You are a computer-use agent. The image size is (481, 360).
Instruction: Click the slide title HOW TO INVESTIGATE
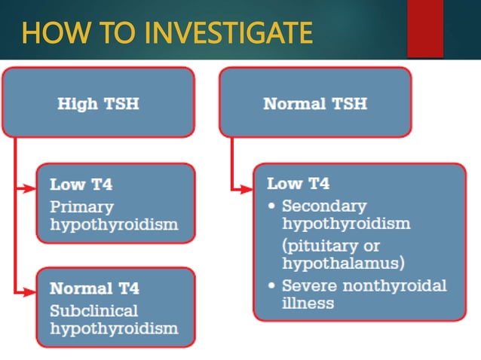[x=167, y=32]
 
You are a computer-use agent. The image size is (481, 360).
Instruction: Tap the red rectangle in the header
[x=424, y=29]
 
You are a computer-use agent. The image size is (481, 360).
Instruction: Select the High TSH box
[x=98, y=102]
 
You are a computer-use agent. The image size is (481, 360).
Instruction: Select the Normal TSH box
[x=314, y=102]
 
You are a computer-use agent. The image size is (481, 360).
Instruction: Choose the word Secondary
[x=323, y=206]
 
